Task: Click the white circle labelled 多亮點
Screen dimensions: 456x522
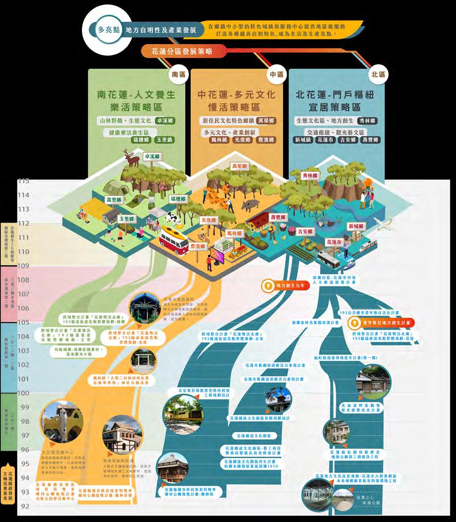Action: click(109, 30)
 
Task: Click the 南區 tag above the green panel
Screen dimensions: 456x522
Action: click(178, 75)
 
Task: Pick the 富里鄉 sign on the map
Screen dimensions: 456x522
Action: click(114, 200)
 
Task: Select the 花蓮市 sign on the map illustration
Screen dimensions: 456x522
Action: click(335, 241)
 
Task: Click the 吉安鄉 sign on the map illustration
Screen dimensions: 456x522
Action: click(305, 231)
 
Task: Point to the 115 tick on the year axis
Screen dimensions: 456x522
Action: click(24, 181)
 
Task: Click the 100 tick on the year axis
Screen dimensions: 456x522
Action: click(24, 393)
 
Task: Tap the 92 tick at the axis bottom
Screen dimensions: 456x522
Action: click(24, 506)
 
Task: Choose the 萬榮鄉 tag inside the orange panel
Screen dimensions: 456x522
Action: click(266, 120)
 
